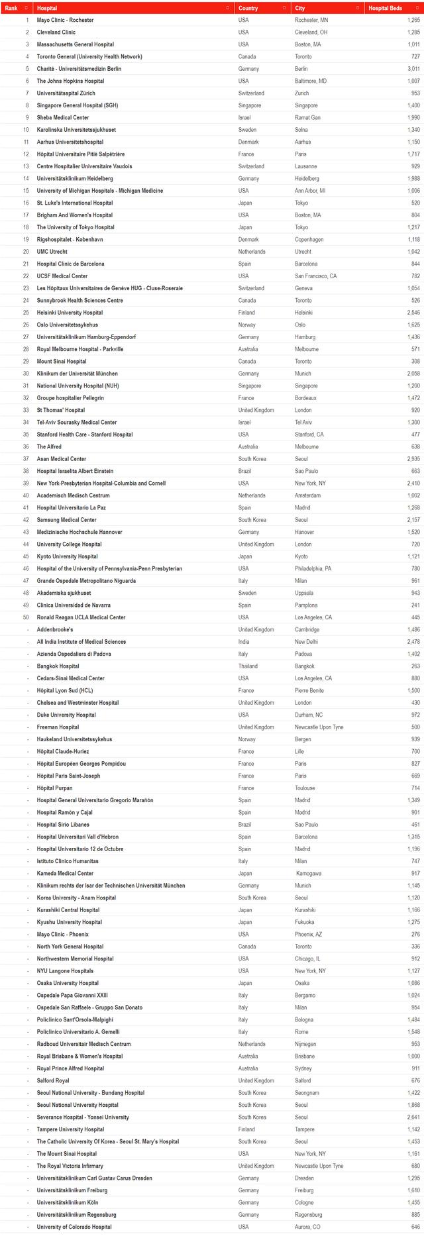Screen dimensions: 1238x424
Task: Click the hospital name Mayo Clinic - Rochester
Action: (65, 20)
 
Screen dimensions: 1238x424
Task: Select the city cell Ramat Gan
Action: (307, 117)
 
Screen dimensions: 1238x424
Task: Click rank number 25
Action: (26, 313)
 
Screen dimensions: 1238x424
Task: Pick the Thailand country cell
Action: (248, 666)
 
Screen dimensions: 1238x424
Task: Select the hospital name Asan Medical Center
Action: (61, 459)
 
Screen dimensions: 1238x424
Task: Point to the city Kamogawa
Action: (309, 873)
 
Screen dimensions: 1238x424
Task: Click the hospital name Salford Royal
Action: (53, 1080)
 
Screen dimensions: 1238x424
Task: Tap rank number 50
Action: (26, 617)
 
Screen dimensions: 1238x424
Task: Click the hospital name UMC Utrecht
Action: (52, 252)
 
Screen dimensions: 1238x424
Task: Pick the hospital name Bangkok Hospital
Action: (58, 666)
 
